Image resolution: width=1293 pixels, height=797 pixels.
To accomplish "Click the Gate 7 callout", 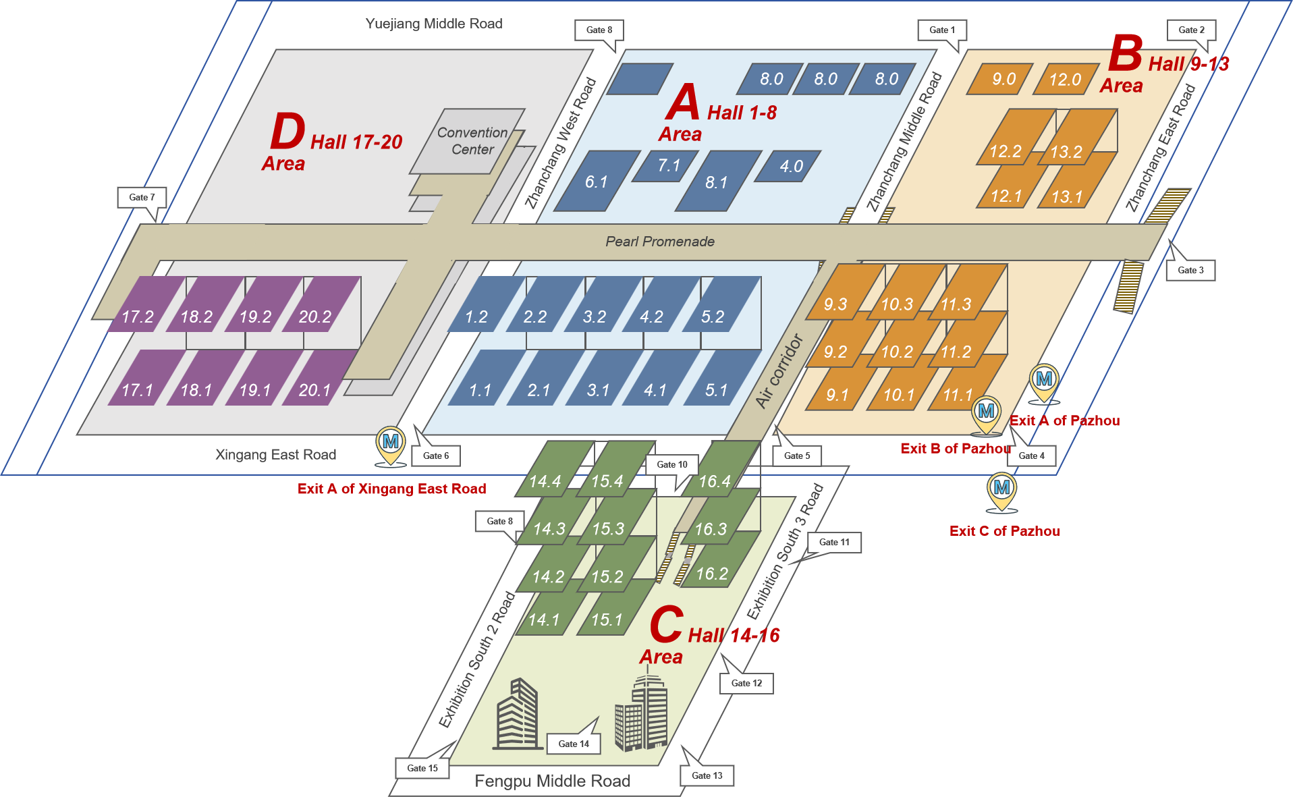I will pos(142,197).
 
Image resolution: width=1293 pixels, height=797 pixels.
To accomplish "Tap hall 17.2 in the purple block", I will pos(138,317).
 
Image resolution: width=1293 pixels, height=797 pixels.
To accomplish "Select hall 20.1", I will pos(315,389).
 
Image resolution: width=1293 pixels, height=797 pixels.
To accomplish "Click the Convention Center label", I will pos(472,141).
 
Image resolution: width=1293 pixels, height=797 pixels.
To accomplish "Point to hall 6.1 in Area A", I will pos(597,182).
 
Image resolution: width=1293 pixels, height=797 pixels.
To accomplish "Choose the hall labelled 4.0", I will pos(791,166).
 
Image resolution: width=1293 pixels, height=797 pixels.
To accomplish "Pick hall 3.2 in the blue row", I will pos(595,317).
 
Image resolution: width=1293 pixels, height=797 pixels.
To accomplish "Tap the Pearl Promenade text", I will pos(659,242).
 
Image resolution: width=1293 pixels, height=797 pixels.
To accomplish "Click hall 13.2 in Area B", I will pos(1066,152).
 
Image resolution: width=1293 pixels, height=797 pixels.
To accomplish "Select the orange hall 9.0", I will pos(1003,80).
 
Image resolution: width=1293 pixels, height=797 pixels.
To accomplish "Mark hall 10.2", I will pos(897,352).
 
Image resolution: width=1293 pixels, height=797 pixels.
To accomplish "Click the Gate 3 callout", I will pos(1190,270).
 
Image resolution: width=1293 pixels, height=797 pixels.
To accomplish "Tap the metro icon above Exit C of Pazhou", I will pos(1002,488).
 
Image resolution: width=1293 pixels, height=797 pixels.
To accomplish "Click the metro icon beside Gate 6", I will pos(391,443).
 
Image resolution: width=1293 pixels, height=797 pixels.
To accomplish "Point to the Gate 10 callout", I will pos(672,464).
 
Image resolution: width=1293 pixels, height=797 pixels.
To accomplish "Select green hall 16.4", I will pos(715,481).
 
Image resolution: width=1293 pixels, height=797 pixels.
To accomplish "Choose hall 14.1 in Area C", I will pos(544,620).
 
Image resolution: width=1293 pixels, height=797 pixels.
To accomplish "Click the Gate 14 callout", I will pos(574,744).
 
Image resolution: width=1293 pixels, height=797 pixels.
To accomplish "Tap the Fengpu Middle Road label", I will pos(552,781).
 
